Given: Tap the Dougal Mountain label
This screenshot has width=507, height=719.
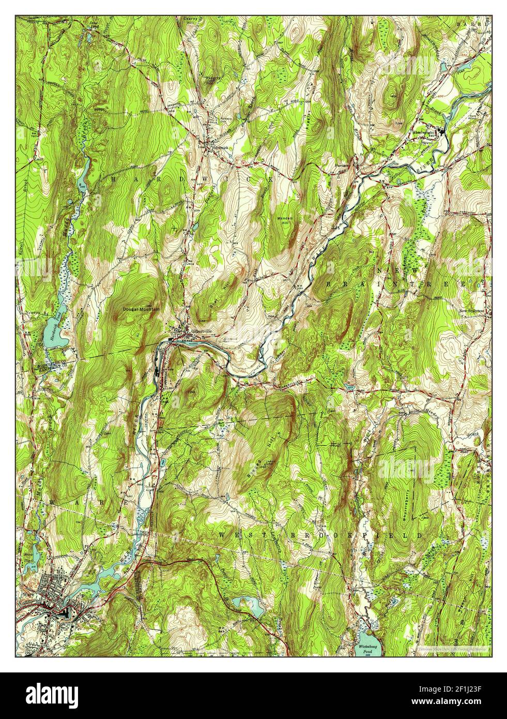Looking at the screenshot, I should (141, 309).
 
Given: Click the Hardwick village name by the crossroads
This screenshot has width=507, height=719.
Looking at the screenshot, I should (220, 146).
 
